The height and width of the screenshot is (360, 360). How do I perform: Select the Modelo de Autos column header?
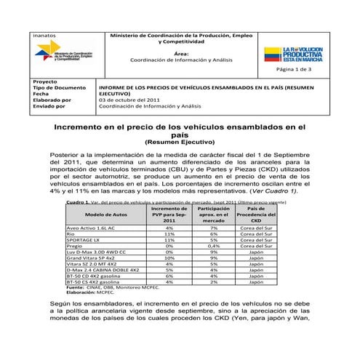coord(106,215)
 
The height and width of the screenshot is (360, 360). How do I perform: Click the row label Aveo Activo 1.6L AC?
coord(91,228)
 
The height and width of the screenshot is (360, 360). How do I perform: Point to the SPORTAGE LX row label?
coord(83,239)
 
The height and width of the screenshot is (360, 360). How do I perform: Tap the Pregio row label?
coord(75,245)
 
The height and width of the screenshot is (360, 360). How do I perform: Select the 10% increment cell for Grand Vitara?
coord(169,257)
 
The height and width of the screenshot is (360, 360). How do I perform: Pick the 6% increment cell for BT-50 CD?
coord(169,276)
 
